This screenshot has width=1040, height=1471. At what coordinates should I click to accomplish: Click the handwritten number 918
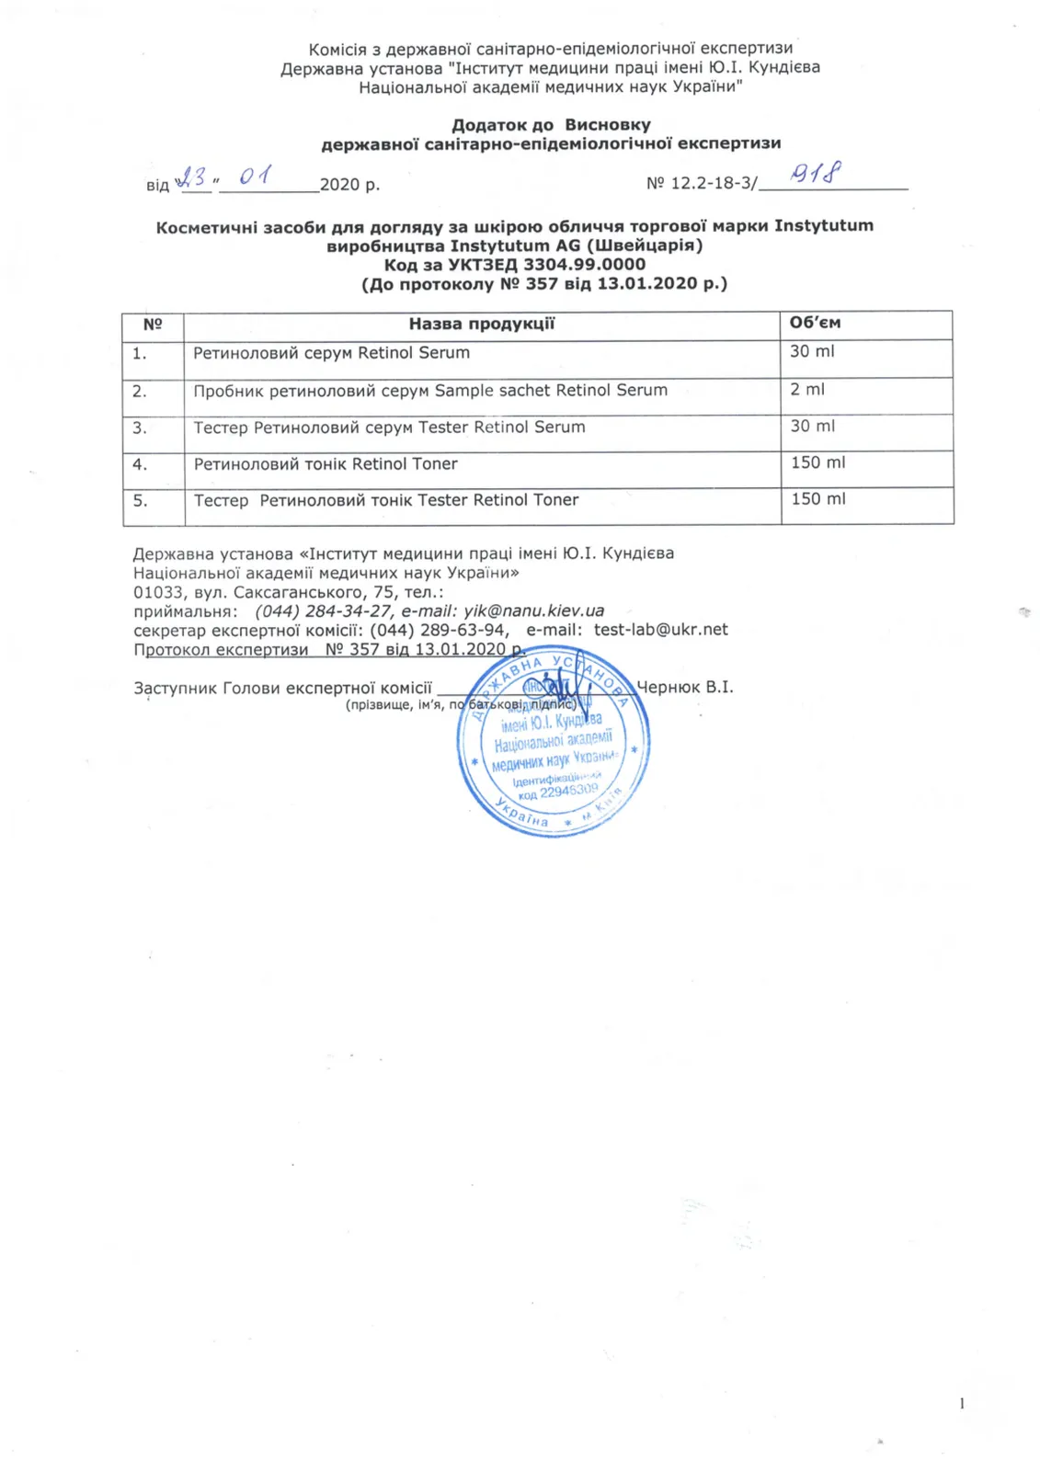[x=817, y=173]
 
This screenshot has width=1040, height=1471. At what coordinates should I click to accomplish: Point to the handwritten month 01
[x=255, y=175]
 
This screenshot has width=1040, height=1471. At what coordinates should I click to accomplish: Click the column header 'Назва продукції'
[x=481, y=324]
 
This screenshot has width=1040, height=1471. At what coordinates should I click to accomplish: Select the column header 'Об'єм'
[x=815, y=323]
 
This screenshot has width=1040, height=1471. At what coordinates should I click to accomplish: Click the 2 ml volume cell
[x=807, y=390]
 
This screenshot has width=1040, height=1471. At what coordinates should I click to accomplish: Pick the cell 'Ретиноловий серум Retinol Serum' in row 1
[x=331, y=353]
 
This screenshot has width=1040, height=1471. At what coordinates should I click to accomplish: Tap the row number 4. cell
[x=140, y=464]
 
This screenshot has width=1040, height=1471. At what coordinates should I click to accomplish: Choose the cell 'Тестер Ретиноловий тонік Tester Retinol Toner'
[x=386, y=500]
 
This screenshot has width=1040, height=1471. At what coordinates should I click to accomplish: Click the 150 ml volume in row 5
[x=817, y=499]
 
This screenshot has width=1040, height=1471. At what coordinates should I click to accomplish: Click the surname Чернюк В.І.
[x=685, y=688]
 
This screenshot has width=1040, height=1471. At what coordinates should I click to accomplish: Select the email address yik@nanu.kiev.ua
[x=533, y=610]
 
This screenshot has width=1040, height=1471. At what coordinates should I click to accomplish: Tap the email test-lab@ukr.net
[x=660, y=630]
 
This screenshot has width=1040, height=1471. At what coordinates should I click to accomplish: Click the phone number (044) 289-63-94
[x=438, y=630]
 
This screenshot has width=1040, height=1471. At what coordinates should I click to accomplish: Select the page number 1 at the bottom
[x=962, y=1403]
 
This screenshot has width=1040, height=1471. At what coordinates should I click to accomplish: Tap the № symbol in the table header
[x=153, y=324]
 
